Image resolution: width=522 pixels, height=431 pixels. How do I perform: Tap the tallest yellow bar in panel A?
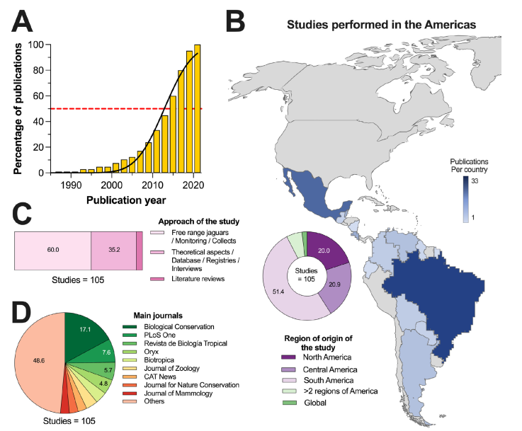[x=197, y=109]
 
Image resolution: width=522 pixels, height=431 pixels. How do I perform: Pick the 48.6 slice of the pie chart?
[x=36, y=361]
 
